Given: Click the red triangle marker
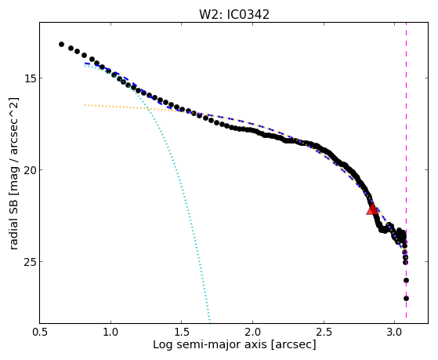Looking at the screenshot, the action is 372,209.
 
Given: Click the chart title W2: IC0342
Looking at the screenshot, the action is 234,15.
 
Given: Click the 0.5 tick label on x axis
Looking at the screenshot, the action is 40,332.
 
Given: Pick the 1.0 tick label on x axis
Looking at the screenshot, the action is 111,332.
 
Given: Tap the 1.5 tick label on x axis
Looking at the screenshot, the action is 182,332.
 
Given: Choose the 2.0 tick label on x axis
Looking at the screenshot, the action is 252,332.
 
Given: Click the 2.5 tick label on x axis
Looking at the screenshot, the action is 324,332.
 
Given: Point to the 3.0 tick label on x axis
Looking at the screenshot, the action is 394,332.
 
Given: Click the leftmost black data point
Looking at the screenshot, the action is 61,44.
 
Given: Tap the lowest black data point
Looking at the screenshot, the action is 406,299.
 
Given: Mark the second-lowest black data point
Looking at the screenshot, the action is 406,280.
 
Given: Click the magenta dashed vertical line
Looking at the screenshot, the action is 406,170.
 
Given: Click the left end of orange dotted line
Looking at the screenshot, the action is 85,105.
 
